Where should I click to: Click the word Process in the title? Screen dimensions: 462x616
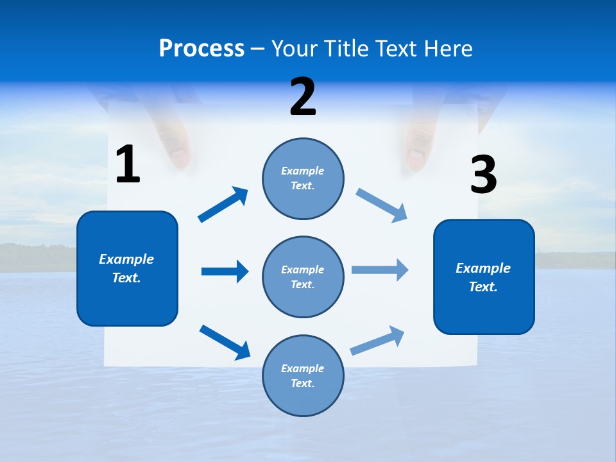[201, 48]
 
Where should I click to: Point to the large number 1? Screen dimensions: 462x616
[128, 164]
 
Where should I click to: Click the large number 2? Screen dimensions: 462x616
[303, 97]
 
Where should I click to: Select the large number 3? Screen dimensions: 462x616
[483, 175]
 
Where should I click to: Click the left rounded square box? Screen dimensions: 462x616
[127, 268]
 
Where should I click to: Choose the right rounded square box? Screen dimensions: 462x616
[484, 277]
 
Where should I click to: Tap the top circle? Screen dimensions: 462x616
[303, 178]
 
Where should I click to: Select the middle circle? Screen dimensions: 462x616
[303, 277]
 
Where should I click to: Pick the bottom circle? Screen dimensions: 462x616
[303, 375]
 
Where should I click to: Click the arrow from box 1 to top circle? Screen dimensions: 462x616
[223, 205]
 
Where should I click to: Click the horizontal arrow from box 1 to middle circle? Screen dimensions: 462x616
[224, 271]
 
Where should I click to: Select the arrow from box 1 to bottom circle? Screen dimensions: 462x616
[225, 341]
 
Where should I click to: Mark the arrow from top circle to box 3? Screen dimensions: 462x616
[381, 205]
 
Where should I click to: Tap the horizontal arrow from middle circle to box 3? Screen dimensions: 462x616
[379, 269]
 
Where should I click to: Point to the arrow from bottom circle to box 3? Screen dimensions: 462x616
[377, 341]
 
